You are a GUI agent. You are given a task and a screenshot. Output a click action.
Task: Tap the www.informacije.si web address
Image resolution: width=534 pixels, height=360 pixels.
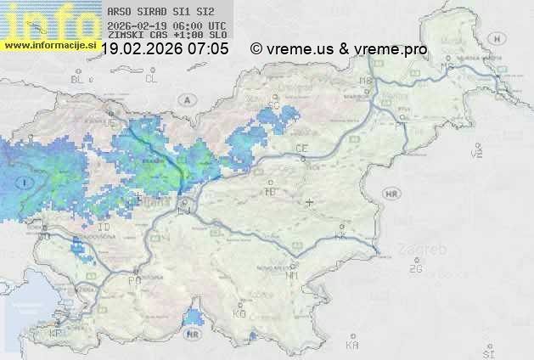pyautogui.click(x=49, y=44)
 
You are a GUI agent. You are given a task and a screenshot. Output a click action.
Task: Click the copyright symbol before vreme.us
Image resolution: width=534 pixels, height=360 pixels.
pyautogui.click(x=256, y=49)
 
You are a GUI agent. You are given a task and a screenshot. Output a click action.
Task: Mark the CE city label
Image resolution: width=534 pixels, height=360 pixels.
pyautogui.click(x=301, y=149)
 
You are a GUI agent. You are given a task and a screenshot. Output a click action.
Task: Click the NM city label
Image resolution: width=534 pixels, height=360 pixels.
pyautogui.click(x=293, y=275)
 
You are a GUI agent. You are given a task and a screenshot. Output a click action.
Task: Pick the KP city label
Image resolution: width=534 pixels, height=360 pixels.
pyautogui.click(x=55, y=334)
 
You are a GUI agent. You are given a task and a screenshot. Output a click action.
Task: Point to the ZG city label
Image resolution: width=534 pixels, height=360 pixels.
pyautogui.click(x=415, y=269)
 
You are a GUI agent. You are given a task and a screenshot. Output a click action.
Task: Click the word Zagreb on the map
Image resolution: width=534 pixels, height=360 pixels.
pyautogui.click(x=428, y=250)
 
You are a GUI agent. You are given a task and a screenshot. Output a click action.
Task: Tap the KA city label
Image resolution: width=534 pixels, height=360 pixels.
pyautogui.click(x=352, y=345)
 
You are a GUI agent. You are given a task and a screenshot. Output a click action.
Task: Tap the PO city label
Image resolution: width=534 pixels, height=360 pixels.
pyautogui.click(x=133, y=279)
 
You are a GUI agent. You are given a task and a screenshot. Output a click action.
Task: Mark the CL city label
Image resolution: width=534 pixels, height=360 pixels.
pyautogui.click(x=152, y=79)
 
